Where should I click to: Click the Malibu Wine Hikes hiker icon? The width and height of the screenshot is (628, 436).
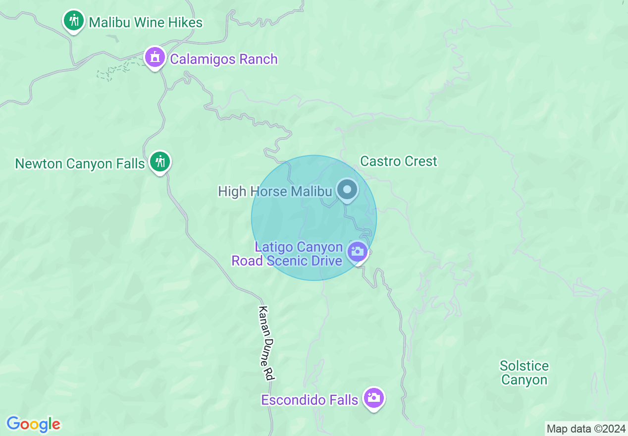pos(74,20)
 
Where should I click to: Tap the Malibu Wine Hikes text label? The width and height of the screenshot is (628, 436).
pos(146,22)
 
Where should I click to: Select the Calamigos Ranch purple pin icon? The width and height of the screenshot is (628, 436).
pos(155,57)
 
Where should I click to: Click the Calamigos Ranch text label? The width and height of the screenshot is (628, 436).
pos(224,59)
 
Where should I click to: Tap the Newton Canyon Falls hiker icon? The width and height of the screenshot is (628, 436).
pos(159,161)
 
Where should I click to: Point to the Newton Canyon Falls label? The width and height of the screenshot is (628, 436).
pos(80,163)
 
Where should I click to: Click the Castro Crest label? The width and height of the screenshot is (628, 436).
pos(399,161)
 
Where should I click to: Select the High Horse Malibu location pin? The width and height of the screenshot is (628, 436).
pos(347,189)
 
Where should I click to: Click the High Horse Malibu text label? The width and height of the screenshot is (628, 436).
pos(274,191)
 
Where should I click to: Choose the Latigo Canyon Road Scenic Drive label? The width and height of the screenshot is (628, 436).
pos(287,254)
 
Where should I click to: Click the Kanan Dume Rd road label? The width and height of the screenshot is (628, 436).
pos(266,343)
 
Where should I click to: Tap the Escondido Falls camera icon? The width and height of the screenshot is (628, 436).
pos(373,397)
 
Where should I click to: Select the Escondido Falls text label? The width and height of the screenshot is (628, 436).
pos(310,400)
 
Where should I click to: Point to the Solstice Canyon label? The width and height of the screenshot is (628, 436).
pos(524,373)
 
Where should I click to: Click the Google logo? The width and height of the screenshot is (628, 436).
pos(33,424)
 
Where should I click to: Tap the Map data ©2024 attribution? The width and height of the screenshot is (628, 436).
pos(586,429)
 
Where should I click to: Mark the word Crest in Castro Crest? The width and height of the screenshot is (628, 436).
pos(421,161)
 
